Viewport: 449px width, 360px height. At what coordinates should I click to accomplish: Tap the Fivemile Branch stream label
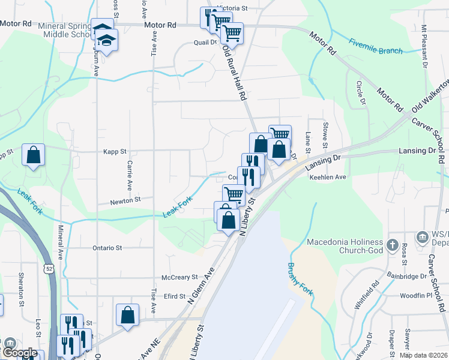coord(376,47)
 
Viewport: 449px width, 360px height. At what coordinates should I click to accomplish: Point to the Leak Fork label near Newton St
coord(178,207)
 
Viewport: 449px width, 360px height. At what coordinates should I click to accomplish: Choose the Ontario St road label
coord(107,247)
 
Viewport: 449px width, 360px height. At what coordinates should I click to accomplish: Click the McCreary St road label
coord(179,277)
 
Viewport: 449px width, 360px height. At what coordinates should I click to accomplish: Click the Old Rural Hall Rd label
coord(235,73)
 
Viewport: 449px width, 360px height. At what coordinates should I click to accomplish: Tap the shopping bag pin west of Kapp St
coord(33,155)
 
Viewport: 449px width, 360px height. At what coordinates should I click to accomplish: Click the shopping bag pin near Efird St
coord(128,314)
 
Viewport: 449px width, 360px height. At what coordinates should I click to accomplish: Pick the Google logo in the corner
coord(20,353)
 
